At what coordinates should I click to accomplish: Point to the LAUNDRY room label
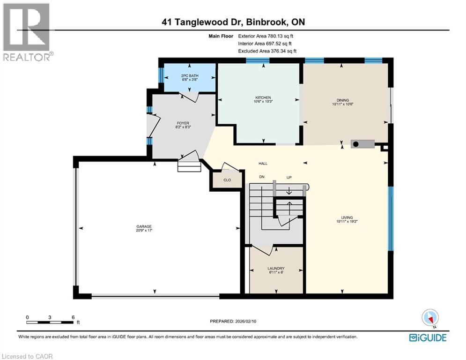point(276,269)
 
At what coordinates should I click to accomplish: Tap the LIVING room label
point(347,217)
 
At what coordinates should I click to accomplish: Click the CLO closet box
point(227,179)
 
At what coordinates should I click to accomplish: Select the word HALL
point(263,164)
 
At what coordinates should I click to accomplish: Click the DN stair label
point(262,177)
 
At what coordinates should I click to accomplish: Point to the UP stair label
point(289,177)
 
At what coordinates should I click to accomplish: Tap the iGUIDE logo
point(428,337)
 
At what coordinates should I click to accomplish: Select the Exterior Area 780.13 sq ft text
point(266,36)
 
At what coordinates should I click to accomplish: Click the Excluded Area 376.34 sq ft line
point(267,51)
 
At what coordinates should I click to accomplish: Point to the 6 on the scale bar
point(73,317)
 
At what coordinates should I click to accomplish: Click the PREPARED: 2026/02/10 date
point(234,321)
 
